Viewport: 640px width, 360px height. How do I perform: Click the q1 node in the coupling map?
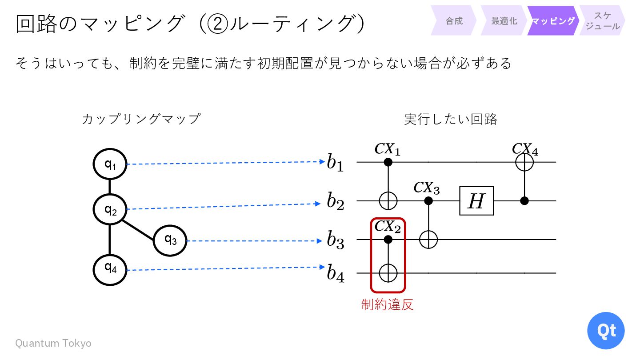[x=110, y=164]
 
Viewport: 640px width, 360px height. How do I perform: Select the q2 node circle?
[x=110, y=209]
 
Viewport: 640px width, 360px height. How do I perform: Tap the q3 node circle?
[x=170, y=240]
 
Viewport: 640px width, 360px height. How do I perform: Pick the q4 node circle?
[x=110, y=269]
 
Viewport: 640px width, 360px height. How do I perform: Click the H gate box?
[x=476, y=201]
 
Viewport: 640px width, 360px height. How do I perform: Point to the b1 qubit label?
[x=335, y=163]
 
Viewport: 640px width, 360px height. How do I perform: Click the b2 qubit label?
[x=335, y=201]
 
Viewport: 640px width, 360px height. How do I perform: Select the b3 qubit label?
[x=335, y=240]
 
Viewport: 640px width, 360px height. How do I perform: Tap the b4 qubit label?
[x=335, y=273]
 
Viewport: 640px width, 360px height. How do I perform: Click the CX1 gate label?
[x=388, y=149]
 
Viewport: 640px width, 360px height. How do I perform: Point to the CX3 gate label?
[x=427, y=188]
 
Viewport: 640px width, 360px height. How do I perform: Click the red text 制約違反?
[x=388, y=304]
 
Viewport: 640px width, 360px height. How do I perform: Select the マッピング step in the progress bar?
[x=553, y=21]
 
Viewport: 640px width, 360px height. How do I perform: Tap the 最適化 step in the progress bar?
[x=504, y=21]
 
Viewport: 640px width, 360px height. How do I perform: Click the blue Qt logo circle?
[x=606, y=331]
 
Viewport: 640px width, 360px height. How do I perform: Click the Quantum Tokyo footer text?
[x=53, y=343]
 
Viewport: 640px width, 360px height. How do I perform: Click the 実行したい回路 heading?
[x=451, y=119]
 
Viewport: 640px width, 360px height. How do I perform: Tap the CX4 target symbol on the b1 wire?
[x=524, y=163]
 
